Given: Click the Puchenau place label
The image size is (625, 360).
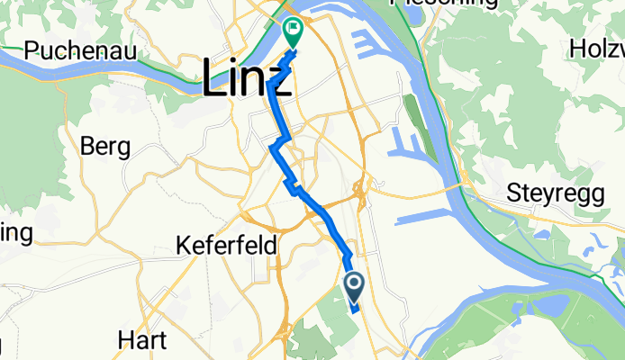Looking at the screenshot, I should (x=80, y=50).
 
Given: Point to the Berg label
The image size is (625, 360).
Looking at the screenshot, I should (x=105, y=146).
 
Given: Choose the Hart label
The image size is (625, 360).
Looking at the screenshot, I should (x=142, y=340).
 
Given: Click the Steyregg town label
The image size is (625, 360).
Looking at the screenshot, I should (x=551, y=193).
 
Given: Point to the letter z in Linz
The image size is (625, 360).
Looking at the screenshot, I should (x=281, y=83).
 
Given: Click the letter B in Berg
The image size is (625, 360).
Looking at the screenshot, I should (x=87, y=145).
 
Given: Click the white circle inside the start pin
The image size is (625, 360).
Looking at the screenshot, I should (x=354, y=285).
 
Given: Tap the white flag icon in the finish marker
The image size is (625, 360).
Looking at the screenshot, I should (x=294, y=30).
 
